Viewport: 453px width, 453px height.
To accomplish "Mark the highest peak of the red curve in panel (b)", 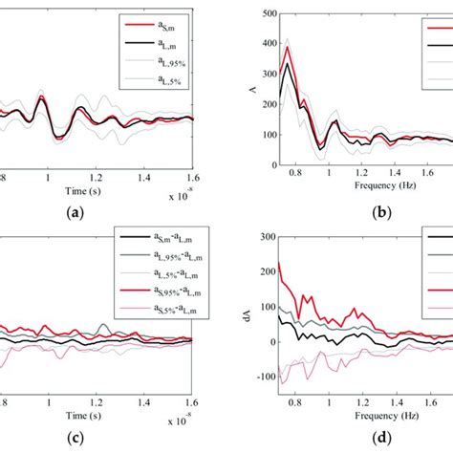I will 286,45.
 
